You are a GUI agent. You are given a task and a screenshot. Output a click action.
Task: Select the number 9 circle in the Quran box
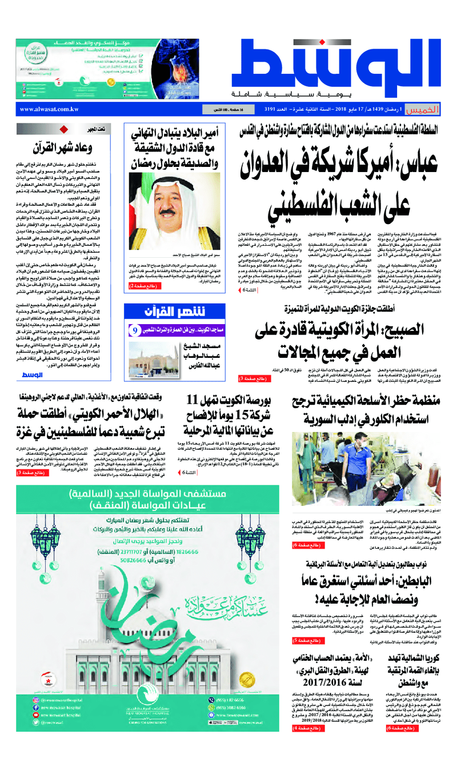[135, 330]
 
